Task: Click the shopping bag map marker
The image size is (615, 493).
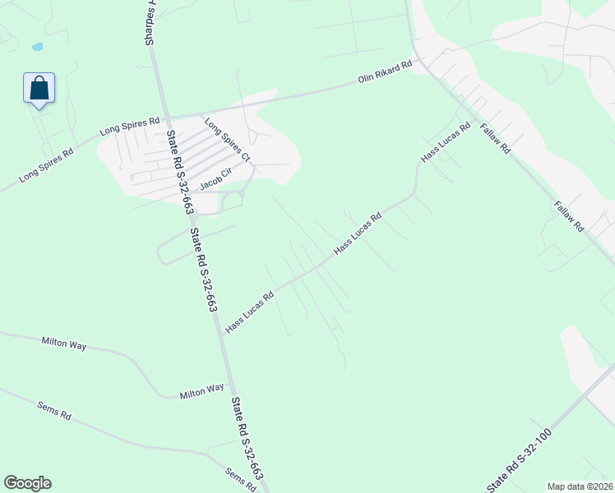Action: (x=39, y=88)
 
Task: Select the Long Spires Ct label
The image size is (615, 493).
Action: (x=227, y=140)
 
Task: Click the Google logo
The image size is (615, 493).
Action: (x=27, y=483)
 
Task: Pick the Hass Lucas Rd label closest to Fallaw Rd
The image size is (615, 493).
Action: (x=445, y=141)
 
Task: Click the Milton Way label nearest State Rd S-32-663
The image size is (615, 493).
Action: (x=201, y=392)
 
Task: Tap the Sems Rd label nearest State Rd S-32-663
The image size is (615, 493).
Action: (x=241, y=478)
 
